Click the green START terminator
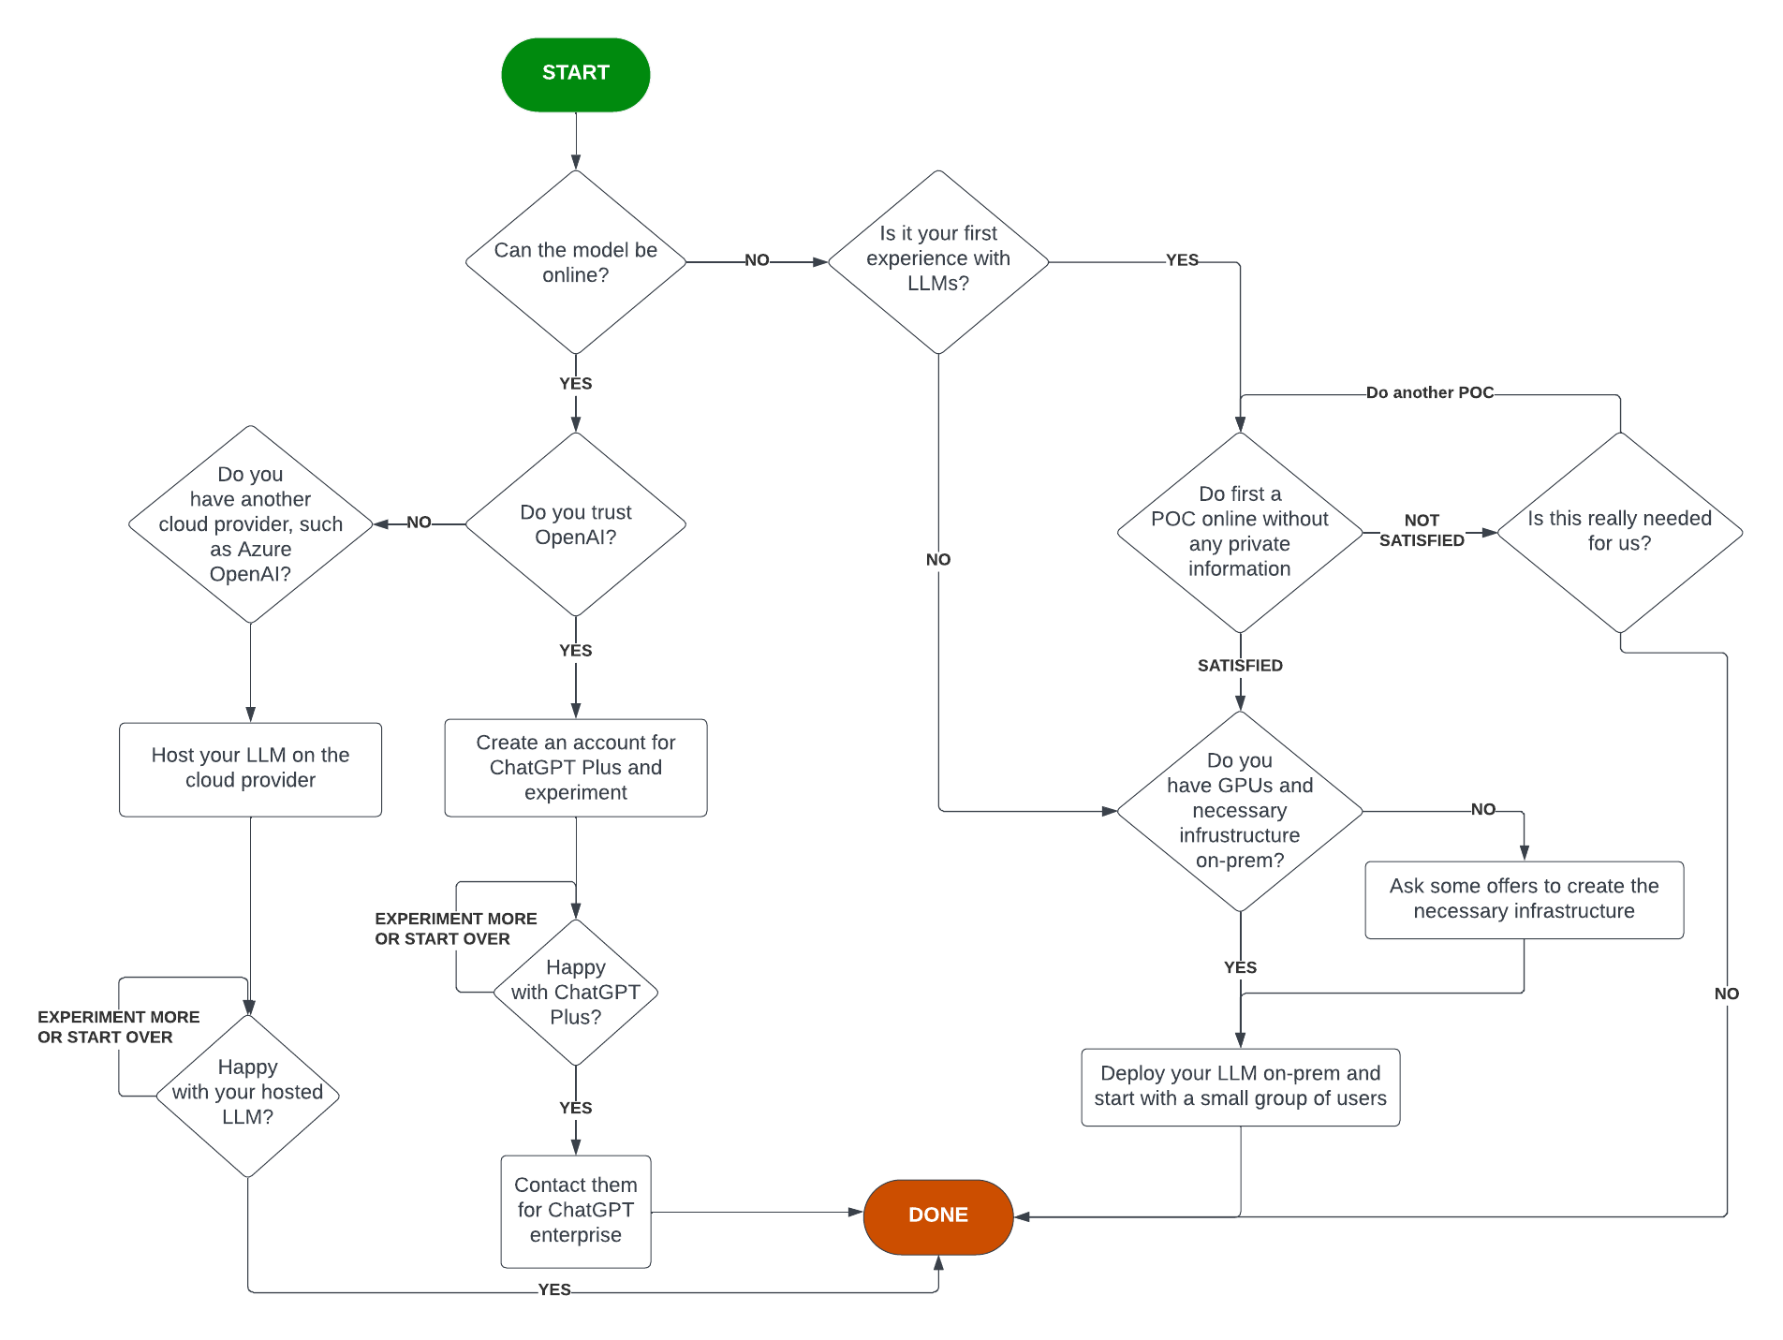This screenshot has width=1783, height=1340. pos(575,74)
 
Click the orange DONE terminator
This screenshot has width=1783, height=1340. pos(937,1215)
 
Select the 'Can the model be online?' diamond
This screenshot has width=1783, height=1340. pos(575,262)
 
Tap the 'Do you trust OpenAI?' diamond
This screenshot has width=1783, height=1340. pos(575,524)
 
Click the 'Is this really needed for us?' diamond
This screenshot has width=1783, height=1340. pos(1619,531)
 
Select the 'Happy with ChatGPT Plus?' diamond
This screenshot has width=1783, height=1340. pos(575,992)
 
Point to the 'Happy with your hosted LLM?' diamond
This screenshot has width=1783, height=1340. pos(247,1093)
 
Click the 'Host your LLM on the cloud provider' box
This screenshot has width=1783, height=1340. pos(250,768)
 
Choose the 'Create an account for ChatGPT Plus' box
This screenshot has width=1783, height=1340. pos(575,767)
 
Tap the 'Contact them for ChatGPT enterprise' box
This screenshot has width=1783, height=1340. pos(575,1210)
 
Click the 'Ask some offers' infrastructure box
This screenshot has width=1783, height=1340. pos(1523,899)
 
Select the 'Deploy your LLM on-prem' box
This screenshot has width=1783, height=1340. pos(1239,1086)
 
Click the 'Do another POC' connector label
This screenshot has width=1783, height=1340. pos(1429,392)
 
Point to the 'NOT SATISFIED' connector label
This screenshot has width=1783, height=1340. pos(1421,531)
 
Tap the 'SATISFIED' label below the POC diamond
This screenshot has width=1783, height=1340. pos(1239,666)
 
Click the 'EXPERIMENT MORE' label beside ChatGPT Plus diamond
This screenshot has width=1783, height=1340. pos(455,928)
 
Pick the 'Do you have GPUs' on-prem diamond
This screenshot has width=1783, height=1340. pos(1239,811)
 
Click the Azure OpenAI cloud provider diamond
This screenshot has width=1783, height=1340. pos(250,524)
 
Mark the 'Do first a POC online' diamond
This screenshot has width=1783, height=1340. pos(1239,531)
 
